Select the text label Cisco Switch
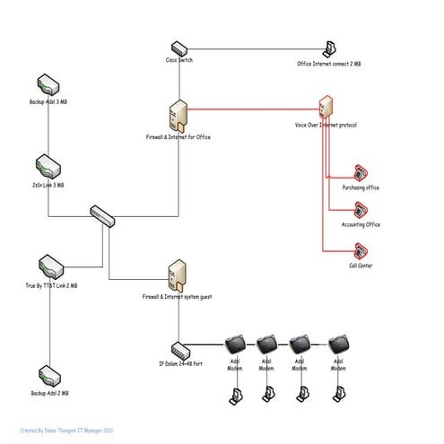pos(180,60)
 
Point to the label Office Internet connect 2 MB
pos(330,64)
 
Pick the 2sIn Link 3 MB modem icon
pos(48,165)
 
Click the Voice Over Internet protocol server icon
pos(326,109)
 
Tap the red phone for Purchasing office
pos(361,172)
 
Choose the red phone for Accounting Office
pos(361,211)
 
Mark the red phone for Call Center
pos(361,251)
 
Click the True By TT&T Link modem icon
pos(49,266)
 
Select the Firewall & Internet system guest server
pos(177,273)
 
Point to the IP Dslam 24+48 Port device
pos(181,348)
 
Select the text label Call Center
pos(361,266)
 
